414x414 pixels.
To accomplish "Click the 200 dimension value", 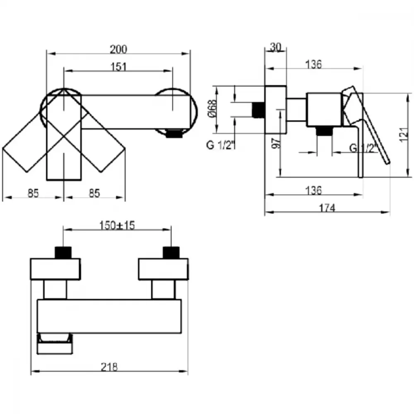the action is tap(118, 49).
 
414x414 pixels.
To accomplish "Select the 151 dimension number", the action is tap(118, 67).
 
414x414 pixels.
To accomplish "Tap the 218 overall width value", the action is tap(109, 367).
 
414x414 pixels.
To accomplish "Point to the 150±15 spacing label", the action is tap(117, 226).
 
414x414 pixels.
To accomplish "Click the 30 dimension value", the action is tap(275, 47).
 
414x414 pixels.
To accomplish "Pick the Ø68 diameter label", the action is tap(212, 108).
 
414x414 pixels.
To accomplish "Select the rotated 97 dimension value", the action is tap(276, 143).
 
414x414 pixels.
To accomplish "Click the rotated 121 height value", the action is tap(404, 135).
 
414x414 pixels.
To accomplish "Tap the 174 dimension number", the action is tap(327, 208).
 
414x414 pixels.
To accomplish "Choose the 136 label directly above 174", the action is tap(314, 190).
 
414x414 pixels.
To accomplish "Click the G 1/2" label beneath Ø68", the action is tap(221, 145).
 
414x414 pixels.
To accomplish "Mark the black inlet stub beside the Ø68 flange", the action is tap(258, 110).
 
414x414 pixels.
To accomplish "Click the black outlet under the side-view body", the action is tap(324, 131).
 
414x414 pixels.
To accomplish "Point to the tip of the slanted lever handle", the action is tap(389, 162).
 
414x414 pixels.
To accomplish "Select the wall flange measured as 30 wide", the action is tap(276, 110).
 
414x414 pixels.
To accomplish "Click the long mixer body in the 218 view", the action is tap(109, 316).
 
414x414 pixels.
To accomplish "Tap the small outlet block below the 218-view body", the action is tap(55, 344).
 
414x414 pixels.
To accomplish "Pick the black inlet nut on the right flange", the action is tap(171, 253).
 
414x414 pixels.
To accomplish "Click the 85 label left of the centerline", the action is tap(33, 193).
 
